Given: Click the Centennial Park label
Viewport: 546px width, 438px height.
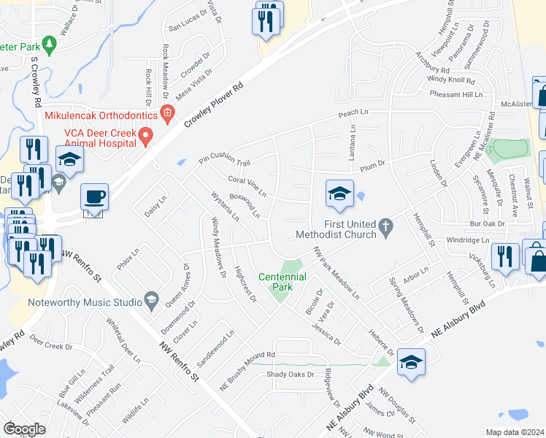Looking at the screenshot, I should click(x=282, y=282).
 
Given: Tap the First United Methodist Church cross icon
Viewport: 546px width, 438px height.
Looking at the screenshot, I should click(x=388, y=230).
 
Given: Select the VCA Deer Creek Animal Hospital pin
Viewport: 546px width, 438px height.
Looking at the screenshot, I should click(x=146, y=135).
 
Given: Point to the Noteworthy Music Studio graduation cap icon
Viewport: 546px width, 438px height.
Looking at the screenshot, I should click(x=151, y=299).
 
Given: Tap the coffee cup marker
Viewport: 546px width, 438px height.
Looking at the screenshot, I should click(x=95, y=197).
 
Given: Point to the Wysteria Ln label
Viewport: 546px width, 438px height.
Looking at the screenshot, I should click(x=225, y=207).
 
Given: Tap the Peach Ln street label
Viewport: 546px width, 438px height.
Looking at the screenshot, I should click(x=353, y=114).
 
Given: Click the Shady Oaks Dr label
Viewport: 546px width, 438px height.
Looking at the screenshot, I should click(x=290, y=374).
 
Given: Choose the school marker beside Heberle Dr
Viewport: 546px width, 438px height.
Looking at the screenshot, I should click(x=412, y=361).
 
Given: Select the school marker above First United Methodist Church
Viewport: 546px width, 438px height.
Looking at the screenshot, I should click(x=339, y=194).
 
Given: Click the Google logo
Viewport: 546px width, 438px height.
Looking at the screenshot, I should click(x=25, y=429).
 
